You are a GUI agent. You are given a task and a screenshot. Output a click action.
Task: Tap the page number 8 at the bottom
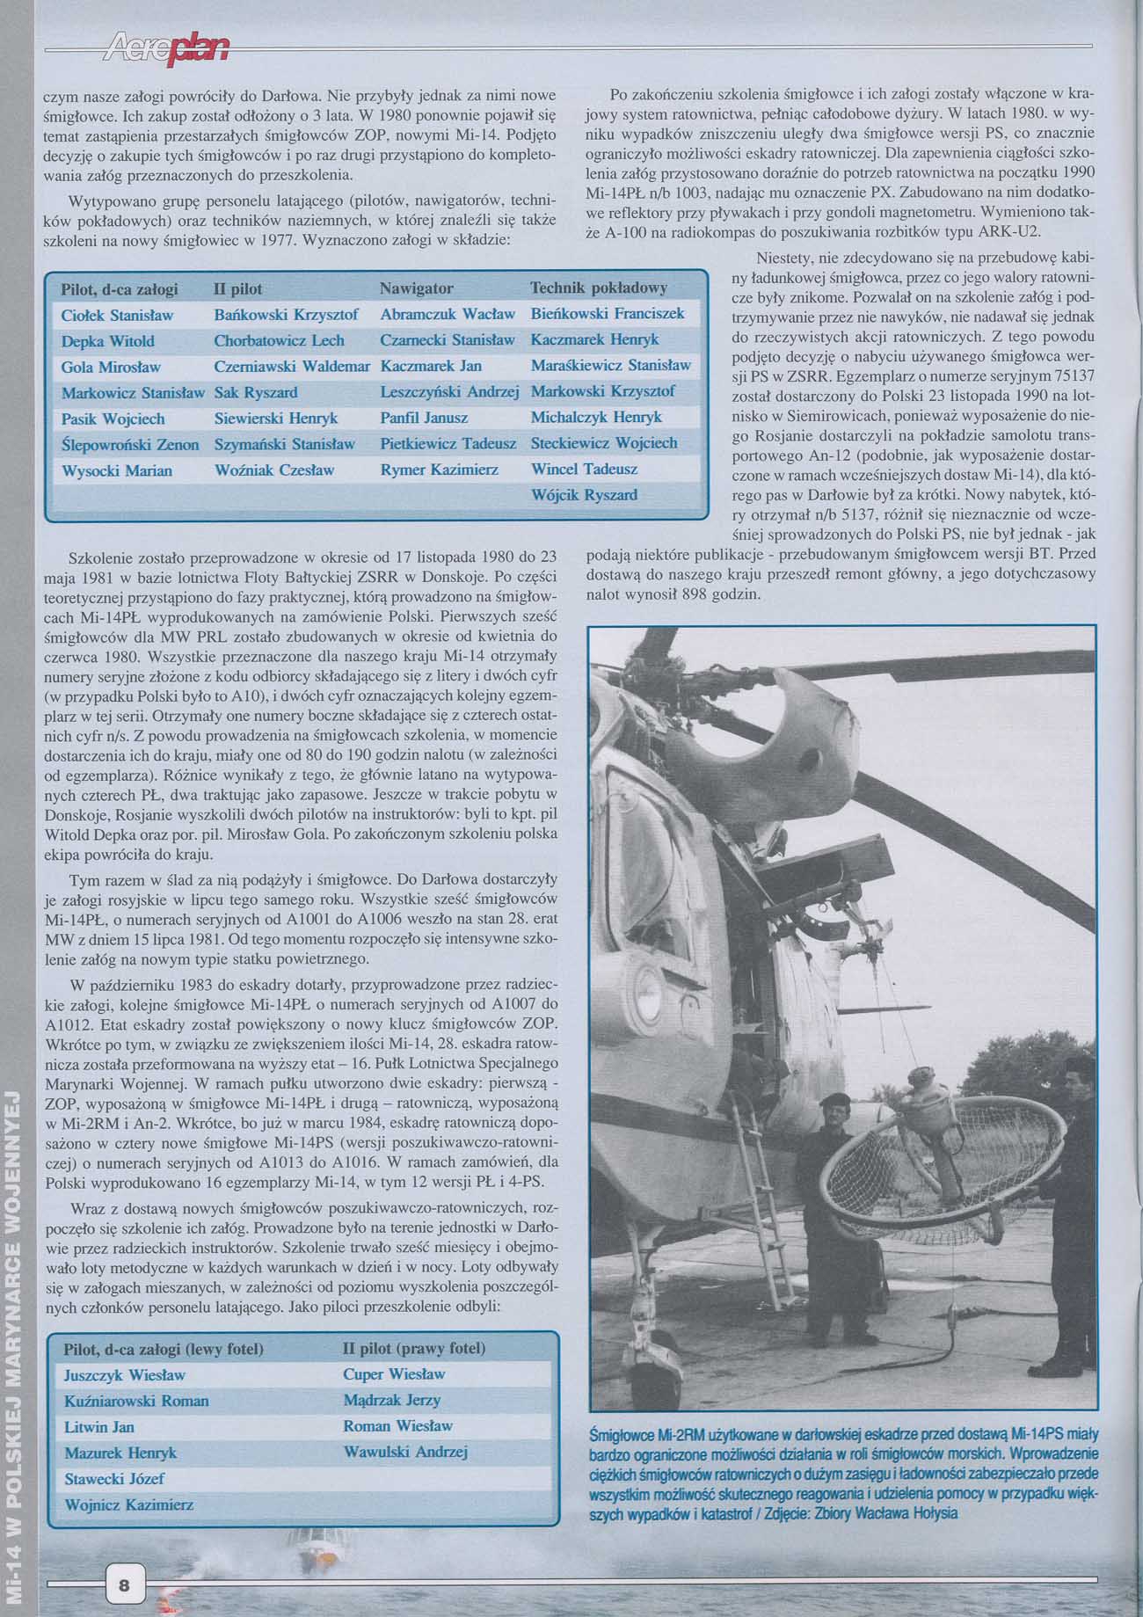tap(124, 1585)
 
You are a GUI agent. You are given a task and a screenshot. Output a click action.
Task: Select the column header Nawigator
tap(416, 288)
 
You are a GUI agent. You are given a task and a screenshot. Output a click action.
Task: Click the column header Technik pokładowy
tap(599, 288)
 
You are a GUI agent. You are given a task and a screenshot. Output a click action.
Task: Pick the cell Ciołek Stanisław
tap(117, 315)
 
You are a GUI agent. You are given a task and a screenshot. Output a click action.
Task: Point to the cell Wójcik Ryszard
tap(584, 495)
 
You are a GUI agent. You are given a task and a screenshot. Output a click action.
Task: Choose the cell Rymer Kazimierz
tap(439, 470)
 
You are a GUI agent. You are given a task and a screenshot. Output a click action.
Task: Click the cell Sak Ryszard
tap(255, 392)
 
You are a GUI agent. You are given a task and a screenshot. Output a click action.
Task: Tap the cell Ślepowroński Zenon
tap(129, 444)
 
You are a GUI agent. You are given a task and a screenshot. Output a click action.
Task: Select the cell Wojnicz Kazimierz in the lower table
tap(128, 1505)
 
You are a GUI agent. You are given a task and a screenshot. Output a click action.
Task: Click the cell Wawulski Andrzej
tap(405, 1452)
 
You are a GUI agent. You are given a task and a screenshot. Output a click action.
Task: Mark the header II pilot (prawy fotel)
tap(413, 1348)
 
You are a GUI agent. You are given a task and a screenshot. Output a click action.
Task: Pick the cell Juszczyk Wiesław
tap(125, 1374)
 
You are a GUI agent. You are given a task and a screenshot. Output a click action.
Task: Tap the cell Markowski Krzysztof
tap(602, 391)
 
